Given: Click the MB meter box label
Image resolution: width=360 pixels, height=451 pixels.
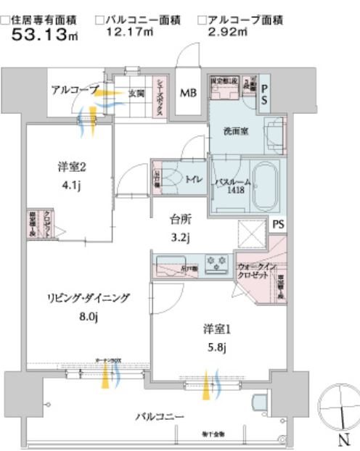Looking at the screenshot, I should (188, 93).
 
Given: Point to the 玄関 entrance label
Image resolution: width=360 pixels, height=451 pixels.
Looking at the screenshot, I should (138, 92).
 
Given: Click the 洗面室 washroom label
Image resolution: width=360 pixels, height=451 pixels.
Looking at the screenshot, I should (237, 132).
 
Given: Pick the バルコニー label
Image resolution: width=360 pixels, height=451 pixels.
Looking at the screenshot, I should (160, 417).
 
